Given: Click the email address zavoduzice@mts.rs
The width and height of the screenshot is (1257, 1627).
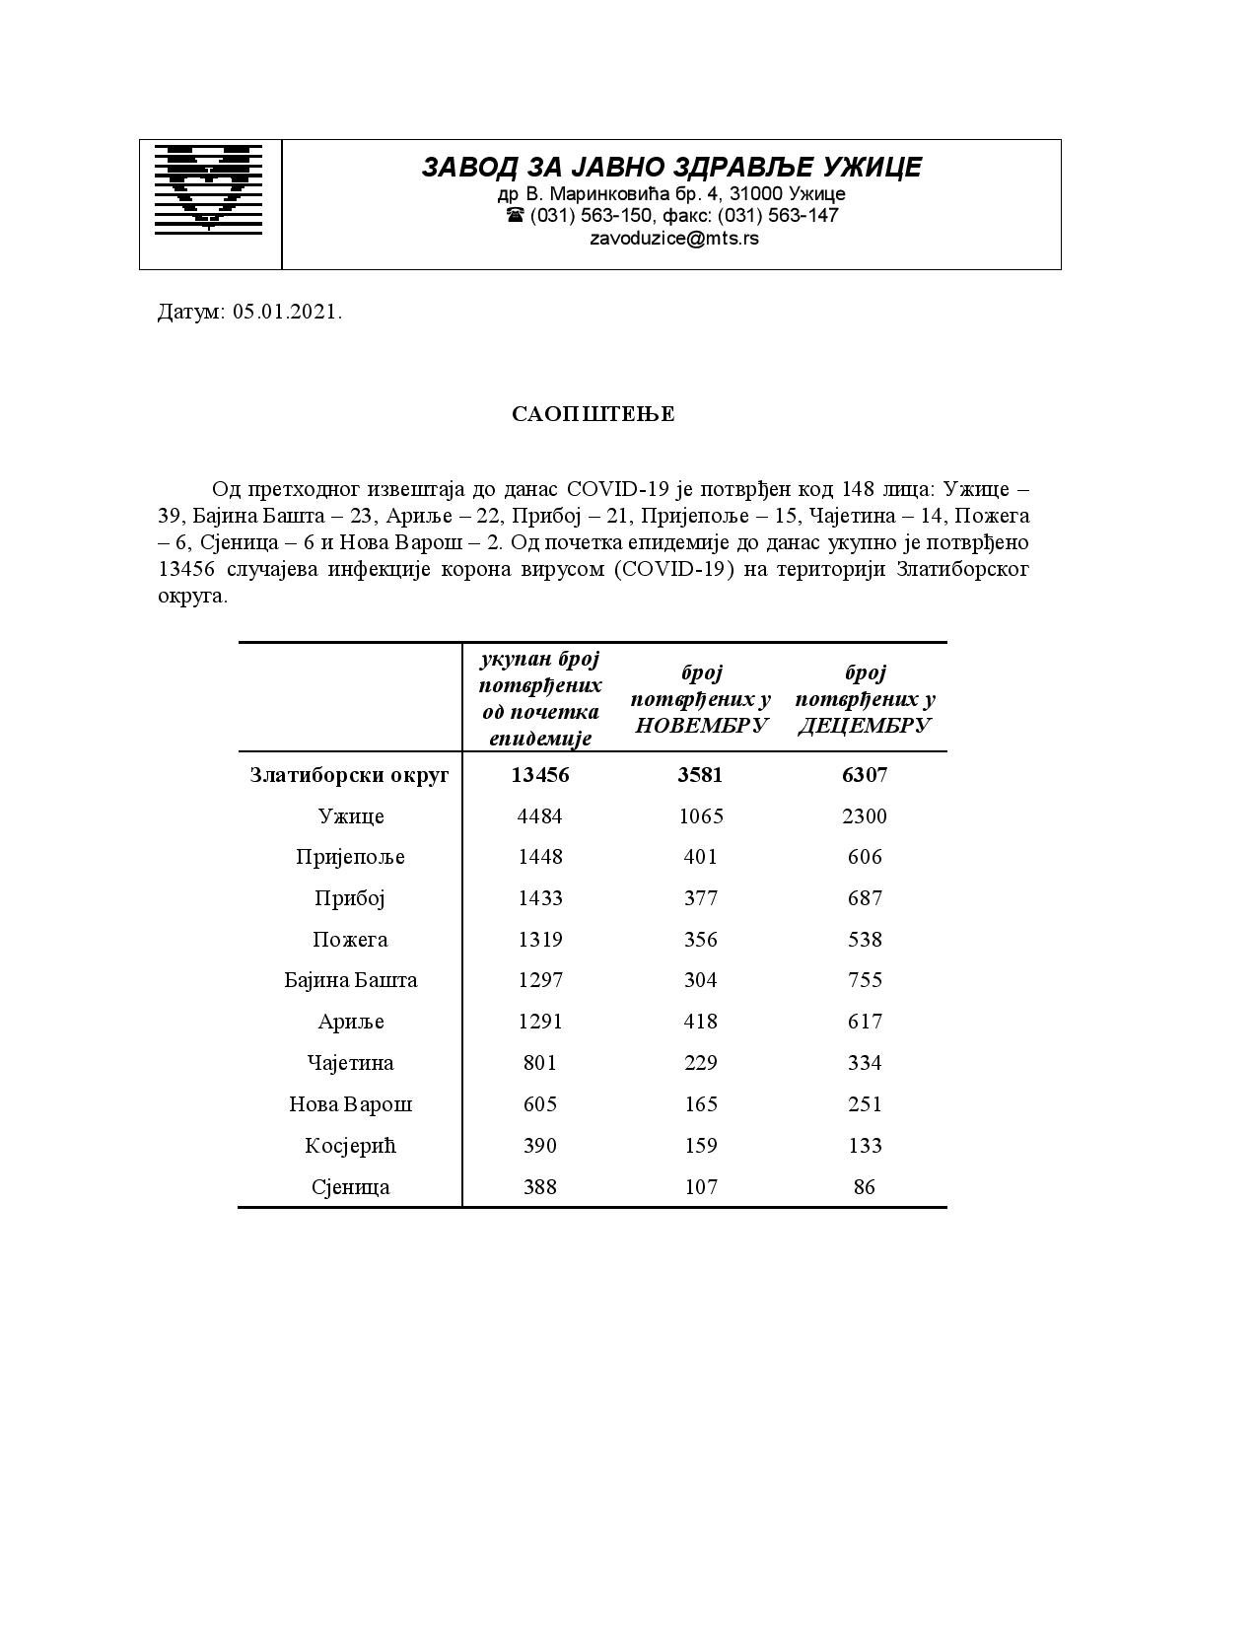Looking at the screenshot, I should (673, 238).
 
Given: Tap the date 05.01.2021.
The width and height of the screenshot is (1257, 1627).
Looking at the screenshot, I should (287, 313).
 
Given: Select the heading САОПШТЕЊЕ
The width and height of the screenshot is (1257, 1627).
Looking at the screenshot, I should (593, 414).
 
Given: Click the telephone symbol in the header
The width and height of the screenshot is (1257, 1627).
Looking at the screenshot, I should (515, 215).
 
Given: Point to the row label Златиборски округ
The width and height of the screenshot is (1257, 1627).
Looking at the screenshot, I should (349, 775).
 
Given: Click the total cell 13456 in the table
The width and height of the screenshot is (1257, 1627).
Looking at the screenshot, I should (540, 775).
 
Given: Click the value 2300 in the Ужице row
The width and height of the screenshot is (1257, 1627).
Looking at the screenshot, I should (865, 816).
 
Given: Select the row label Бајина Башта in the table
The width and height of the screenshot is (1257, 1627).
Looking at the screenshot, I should (350, 980).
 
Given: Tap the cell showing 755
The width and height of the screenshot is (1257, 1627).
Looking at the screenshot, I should (865, 980).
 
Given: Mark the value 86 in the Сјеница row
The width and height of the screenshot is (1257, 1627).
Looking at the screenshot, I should (865, 1187).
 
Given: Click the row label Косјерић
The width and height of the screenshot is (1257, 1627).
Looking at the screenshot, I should (350, 1146).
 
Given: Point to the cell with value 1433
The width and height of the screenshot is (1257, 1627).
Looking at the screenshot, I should (540, 898).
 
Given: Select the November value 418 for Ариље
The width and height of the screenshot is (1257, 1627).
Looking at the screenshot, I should (700, 1022).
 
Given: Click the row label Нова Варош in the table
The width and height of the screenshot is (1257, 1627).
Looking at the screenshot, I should (350, 1104).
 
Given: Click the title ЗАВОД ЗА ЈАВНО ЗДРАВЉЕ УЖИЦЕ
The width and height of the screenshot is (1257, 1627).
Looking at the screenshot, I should (671, 168).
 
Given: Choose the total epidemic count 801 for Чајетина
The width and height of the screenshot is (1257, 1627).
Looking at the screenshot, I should (540, 1063).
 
